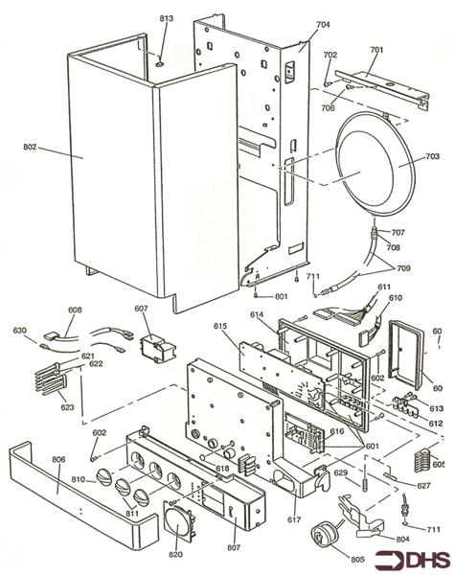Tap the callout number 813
[166, 19]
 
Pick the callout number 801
[282, 296]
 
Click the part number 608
[76, 310]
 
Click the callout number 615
[220, 328]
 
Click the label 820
[175, 554]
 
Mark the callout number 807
[234, 547]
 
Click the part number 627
[423, 486]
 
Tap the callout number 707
[398, 233]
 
